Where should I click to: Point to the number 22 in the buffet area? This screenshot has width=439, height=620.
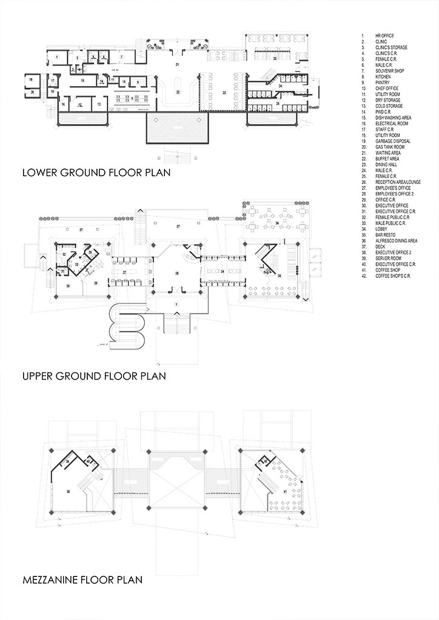(178, 92)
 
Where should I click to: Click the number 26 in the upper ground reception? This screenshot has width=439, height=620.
(176, 274)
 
